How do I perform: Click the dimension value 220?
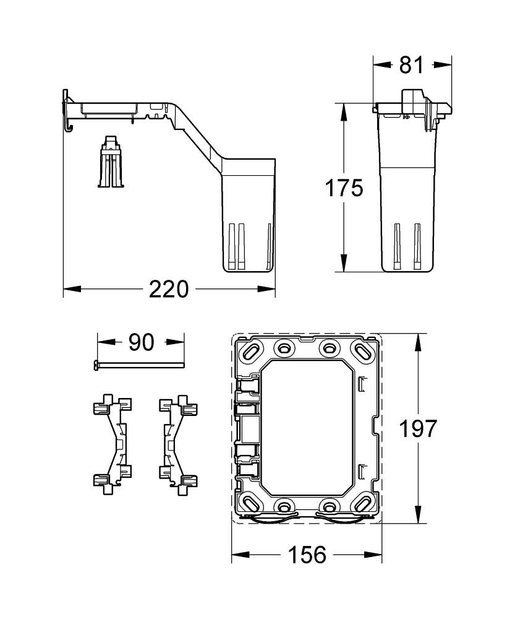169,288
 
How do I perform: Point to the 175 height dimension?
344,188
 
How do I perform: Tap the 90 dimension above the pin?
141,342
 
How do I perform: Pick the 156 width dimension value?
307,555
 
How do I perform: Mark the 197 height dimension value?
418,428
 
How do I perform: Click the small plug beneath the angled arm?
111,162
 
